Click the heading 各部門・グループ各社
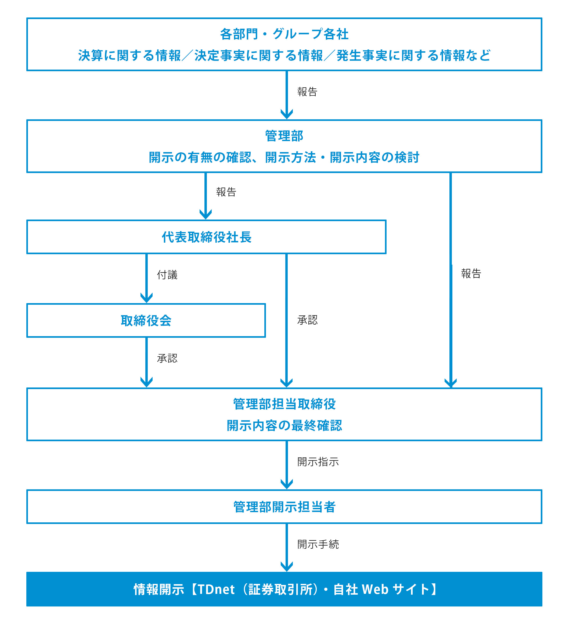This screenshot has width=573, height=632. [x=284, y=34]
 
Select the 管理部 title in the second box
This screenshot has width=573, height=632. [x=284, y=136]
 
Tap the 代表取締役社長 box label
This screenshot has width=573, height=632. [x=207, y=237]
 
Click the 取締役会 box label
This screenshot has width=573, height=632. [x=146, y=320]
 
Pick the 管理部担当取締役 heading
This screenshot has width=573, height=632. [x=284, y=404]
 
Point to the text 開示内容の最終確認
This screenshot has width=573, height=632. [x=284, y=425]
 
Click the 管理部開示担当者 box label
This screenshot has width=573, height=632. [x=284, y=507]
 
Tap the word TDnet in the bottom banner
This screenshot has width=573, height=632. [x=216, y=589]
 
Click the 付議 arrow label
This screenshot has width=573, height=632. [x=167, y=275]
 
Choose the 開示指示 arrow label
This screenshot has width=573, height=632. [x=318, y=462]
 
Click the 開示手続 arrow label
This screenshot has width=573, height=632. [x=318, y=544]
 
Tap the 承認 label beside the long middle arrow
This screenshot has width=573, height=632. [x=307, y=320]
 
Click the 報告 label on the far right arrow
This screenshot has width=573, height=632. [x=471, y=273]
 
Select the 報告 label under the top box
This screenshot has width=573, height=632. [x=307, y=92]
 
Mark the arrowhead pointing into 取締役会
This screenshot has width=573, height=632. [x=146, y=298]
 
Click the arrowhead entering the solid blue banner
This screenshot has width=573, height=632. [x=286, y=566]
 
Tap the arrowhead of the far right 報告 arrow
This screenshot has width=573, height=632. [x=451, y=383]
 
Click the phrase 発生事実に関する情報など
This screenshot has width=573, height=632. [x=413, y=55]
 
